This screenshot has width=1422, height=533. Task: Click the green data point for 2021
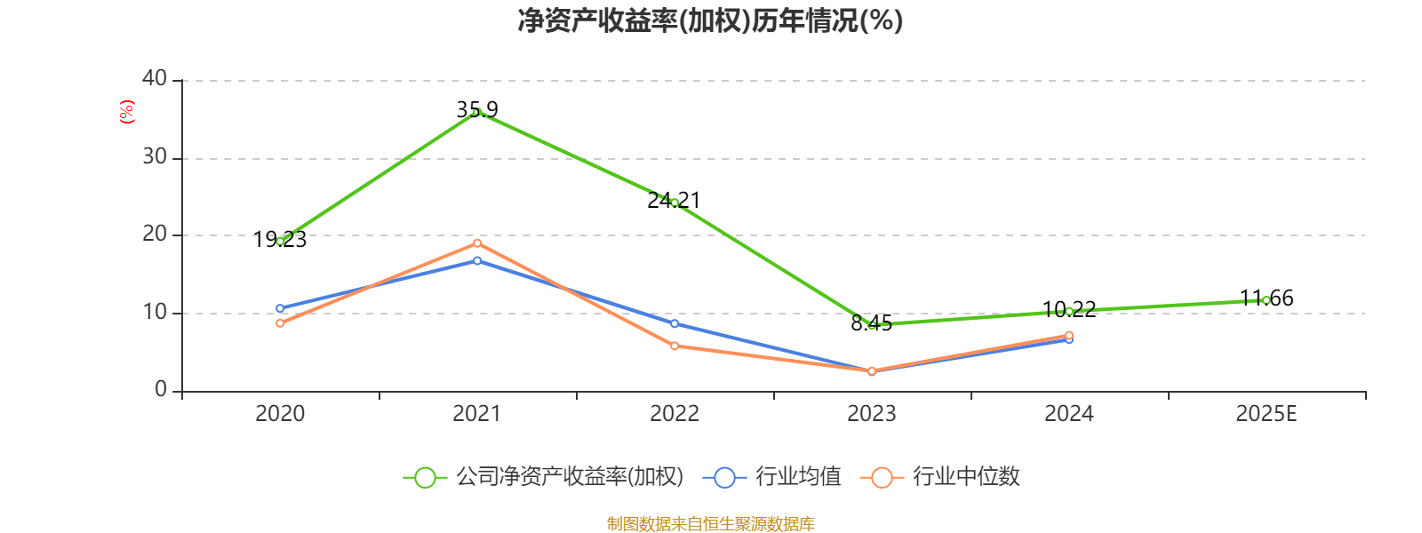[477, 112]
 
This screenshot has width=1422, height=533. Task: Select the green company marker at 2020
[280, 241]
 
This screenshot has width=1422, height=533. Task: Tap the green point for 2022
[675, 203]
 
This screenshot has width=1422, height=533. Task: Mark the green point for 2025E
[1266, 300]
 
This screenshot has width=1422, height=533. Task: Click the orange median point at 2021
[477, 243]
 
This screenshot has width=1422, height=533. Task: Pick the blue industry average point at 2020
[280, 309]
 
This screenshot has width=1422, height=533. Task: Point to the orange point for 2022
[675, 346]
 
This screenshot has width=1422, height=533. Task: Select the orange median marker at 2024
[1068, 335]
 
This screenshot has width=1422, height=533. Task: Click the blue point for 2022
[675, 323]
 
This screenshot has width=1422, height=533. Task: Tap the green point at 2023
[872, 325]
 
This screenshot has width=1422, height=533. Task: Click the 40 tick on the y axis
[155, 79]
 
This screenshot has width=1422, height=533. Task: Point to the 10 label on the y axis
[155, 313]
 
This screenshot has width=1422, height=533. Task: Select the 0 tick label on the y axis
[161, 390]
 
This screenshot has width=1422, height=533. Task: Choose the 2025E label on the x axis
[1266, 414]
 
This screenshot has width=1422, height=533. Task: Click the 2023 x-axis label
[872, 414]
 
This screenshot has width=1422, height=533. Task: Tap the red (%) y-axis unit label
[127, 112]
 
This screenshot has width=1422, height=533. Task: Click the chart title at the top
[710, 20]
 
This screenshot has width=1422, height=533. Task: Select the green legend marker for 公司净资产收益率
[426, 477]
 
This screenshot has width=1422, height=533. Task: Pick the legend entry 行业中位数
[966, 477]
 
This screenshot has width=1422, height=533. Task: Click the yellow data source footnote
[710, 524]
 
